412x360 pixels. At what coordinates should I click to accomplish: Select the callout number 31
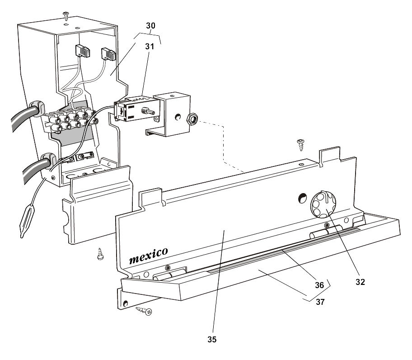tap(149, 46)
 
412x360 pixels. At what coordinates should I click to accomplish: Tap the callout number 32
tap(360, 281)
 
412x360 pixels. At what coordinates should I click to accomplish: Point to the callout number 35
tap(212, 338)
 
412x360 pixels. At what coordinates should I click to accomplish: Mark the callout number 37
tap(319, 303)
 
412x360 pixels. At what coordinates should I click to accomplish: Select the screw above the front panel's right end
tap(300, 145)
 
